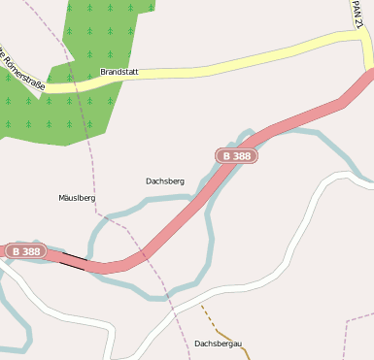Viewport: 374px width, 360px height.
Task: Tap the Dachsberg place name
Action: [x=164, y=180]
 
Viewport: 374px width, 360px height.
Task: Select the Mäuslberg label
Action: [x=77, y=197]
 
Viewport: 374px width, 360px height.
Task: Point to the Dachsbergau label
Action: [x=217, y=343]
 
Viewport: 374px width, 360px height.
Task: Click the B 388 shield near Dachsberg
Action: [x=236, y=155]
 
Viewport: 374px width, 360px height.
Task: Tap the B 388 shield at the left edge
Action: [x=25, y=251]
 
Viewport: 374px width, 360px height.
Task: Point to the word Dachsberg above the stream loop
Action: [x=164, y=180]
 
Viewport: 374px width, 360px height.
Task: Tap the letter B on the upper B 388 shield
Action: [x=226, y=155]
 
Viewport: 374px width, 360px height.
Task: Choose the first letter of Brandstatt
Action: [x=103, y=73]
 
